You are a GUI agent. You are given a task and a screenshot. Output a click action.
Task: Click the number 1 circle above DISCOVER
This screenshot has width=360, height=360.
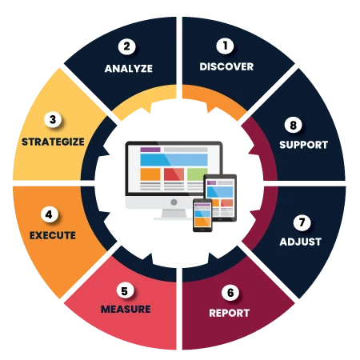point(225,46)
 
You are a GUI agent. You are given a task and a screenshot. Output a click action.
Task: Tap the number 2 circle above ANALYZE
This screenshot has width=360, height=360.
point(126,46)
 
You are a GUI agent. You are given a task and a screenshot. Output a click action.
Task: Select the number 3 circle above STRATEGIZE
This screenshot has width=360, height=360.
point(53,119)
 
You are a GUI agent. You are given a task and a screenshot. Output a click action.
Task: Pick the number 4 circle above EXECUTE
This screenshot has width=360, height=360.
point(49,214)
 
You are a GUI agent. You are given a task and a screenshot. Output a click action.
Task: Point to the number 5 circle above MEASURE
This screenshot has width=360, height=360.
point(125,290)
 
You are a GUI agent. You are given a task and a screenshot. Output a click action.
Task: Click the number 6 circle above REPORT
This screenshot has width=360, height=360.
point(230,292)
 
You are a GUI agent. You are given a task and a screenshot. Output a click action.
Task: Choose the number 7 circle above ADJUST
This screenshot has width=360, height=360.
point(302,222)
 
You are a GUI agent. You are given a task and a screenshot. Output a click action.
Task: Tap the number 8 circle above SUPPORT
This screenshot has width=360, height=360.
point(293,125)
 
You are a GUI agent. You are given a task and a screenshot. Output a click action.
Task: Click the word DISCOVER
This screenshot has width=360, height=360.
point(226,66)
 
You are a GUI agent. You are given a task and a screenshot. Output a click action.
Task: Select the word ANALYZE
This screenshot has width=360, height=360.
point(129,69)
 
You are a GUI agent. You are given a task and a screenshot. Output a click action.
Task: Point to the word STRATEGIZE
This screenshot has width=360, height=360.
point(53,142)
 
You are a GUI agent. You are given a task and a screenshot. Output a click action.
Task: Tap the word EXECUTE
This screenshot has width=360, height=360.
point(53,235)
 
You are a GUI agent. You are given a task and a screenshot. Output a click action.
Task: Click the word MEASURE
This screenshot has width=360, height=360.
point(126,309)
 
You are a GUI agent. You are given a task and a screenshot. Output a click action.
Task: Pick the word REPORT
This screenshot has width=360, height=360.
point(230,313)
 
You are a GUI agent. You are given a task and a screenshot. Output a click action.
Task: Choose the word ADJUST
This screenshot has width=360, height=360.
point(301,242)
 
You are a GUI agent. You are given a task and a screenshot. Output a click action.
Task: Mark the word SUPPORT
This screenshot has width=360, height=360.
point(303,145)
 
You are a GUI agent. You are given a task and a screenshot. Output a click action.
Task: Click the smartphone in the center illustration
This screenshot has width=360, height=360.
point(202,215)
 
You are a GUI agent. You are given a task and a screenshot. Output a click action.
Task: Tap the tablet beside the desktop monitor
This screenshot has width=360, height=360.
point(220,198)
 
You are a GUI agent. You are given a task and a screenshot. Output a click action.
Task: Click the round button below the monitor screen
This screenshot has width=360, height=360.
point(174,202)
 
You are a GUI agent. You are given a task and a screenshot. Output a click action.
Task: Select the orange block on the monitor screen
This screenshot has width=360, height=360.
point(150,174)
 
